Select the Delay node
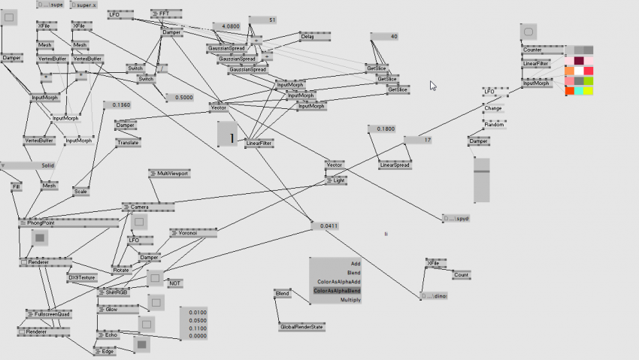[x=308, y=36]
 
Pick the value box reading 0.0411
[x=328, y=225]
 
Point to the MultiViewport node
[x=169, y=174]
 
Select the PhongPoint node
[x=41, y=223]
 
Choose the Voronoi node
[x=188, y=234]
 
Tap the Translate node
[x=128, y=142]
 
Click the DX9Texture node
[x=81, y=277]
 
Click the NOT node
[x=174, y=283]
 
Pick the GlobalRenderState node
[x=301, y=327]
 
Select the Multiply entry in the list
[x=350, y=300]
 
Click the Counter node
[x=532, y=50]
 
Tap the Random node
[x=494, y=124]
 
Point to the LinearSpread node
[x=395, y=165]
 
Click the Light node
[x=338, y=180]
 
